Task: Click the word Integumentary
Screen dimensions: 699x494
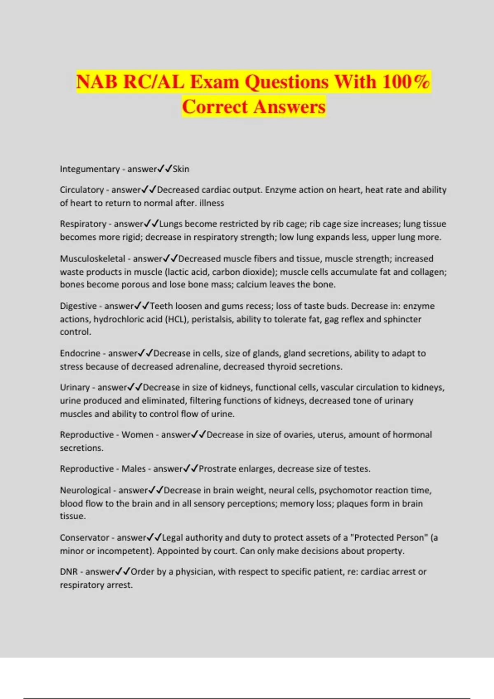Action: pos(90,169)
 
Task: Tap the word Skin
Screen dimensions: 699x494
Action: pos(181,169)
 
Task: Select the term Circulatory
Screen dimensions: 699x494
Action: pos(82,190)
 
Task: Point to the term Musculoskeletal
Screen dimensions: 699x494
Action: pos(92,259)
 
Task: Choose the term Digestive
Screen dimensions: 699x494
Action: pos(78,306)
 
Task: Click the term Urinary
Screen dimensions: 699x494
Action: pos(75,387)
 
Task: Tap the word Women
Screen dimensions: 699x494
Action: pos(137,435)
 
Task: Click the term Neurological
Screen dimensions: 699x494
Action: pos(85,490)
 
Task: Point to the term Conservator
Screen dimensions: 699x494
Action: pos(84,537)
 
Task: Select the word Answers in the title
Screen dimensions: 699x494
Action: pos(289,106)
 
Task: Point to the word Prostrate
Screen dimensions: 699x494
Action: pos(217,469)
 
